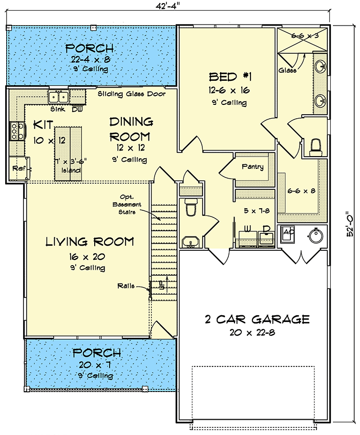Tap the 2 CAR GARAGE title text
click(x=257, y=320)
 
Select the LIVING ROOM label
click(x=90, y=241)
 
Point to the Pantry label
click(x=253, y=166)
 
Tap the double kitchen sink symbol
click(x=58, y=97)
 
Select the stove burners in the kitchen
click(x=16, y=131)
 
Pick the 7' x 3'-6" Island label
click(x=70, y=165)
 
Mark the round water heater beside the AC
click(x=313, y=235)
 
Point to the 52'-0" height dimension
click(x=350, y=224)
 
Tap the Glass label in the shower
click(x=287, y=70)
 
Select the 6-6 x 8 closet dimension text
click(x=301, y=191)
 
